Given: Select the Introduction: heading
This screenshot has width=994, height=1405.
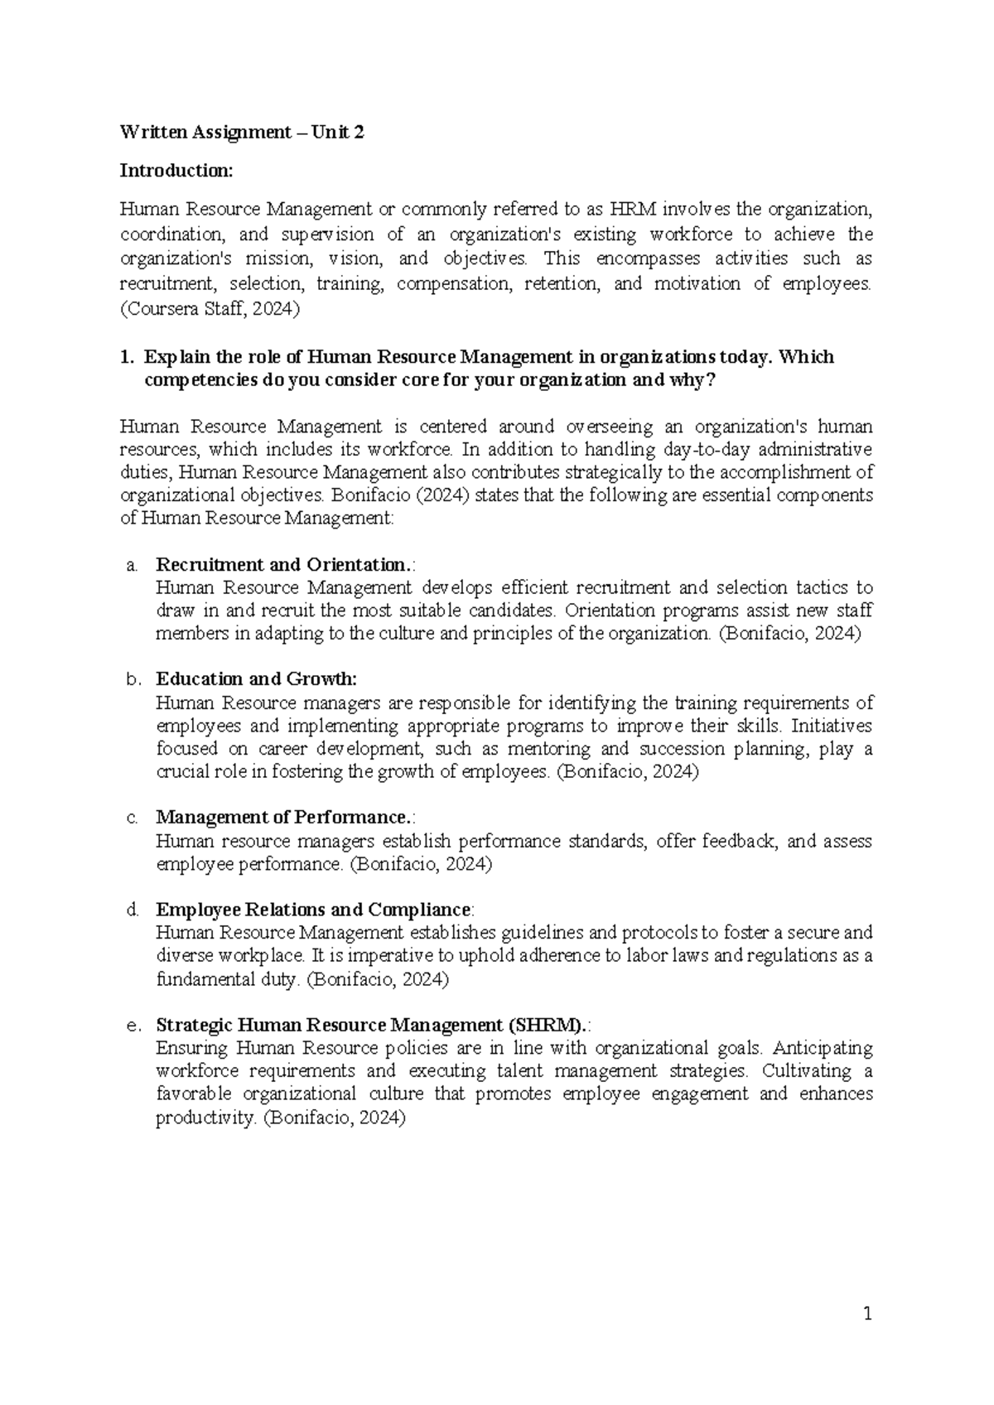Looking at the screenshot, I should pyautogui.click(x=176, y=171).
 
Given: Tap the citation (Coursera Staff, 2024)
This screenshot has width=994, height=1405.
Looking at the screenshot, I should pyautogui.click(x=210, y=310).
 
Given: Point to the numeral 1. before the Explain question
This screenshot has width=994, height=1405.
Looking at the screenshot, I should pyautogui.click(x=126, y=358).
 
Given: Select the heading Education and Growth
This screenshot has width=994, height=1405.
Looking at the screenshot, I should pyautogui.click(x=256, y=679).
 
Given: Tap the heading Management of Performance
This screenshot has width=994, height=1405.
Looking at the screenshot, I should pyautogui.click(x=282, y=818).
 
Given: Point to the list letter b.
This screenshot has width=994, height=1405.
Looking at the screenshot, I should pyautogui.click(x=130, y=680).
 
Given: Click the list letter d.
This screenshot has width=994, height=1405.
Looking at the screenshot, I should pyautogui.click(x=130, y=910).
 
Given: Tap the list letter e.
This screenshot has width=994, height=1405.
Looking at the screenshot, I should pyautogui.click(x=130, y=1026).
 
